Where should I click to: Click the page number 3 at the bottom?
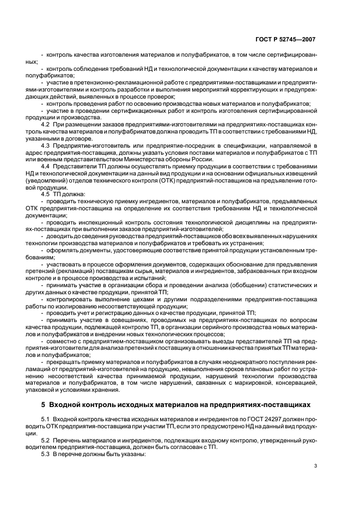315,465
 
